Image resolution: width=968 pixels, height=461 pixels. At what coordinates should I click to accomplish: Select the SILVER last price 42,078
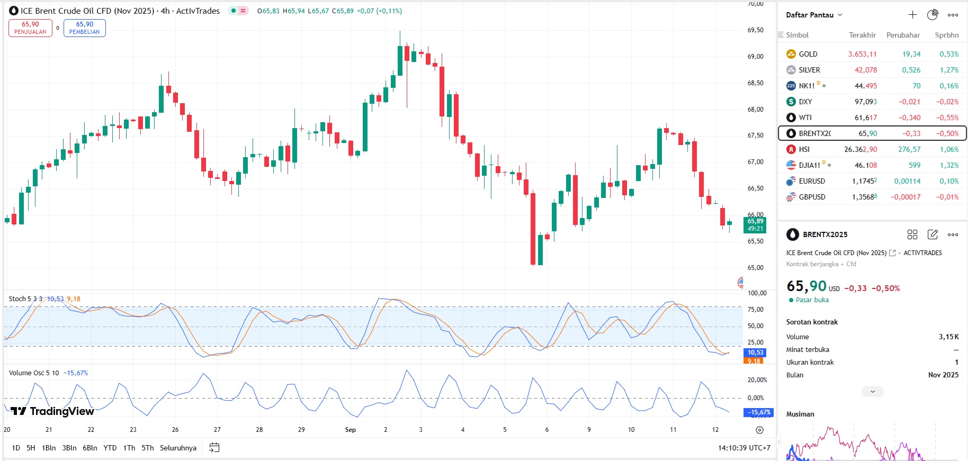click(x=865, y=70)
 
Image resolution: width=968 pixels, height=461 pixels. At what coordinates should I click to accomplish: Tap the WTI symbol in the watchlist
click(x=805, y=117)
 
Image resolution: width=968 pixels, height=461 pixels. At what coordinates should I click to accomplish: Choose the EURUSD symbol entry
click(x=811, y=181)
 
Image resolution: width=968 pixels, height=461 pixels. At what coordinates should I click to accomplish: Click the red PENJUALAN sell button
click(x=30, y=28)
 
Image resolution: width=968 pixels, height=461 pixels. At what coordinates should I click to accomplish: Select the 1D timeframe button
click(x=16, y=448)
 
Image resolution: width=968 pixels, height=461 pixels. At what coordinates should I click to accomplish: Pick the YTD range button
click(x=110, y=448)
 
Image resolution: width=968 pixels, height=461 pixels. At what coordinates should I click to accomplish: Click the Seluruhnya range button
click(x=178, y=448)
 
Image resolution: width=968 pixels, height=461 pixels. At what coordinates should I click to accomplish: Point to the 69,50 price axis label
click(x=755, y=30)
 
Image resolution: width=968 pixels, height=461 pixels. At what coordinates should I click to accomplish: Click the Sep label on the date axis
click(x=350, y=430)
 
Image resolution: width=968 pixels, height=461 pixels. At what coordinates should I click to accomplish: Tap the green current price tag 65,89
click(x=755, y=224)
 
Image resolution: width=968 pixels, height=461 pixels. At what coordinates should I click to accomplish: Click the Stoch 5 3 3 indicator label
click(x=25, y=299)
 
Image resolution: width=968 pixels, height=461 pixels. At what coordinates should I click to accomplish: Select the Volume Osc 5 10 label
click(x=34, y=373)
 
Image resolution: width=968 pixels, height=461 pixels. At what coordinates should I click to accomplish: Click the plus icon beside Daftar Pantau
click(x=912, y=15)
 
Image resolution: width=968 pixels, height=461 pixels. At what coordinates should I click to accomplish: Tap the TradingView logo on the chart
click(x=52, y=411)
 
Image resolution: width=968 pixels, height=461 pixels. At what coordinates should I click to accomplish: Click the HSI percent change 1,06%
click(x=949, y=149)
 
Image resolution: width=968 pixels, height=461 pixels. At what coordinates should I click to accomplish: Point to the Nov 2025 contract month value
click(x=943, y=375)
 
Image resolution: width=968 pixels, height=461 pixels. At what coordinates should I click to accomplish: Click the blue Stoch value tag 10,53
click(x=755, y=352)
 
